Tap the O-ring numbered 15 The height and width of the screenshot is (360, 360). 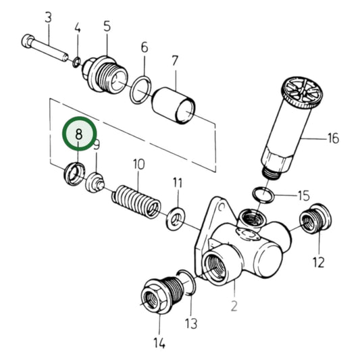point(260,195)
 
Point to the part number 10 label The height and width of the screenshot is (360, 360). point(138,163)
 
